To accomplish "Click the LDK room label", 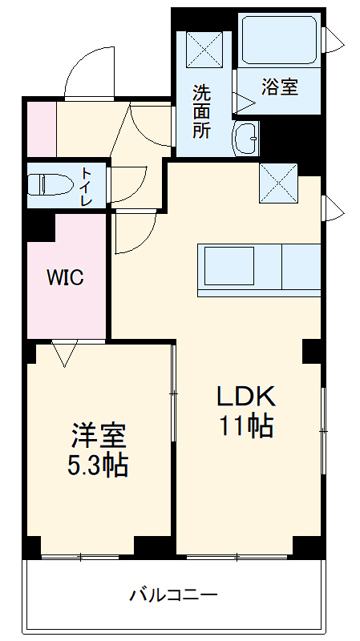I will tap(246, 396).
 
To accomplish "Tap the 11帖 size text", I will tap(246, 425).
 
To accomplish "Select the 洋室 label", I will tap(98, 437).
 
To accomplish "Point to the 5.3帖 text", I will tap(98, 466).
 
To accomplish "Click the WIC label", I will tap(65, 278).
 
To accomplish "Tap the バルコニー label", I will tap(174, 595).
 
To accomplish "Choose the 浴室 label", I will tap(280, 87).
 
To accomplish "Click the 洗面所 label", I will tap(202, 111).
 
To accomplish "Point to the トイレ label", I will tap(87, 186).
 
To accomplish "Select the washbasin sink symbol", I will tap(245, 139).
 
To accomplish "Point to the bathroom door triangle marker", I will tap(241, 101).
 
